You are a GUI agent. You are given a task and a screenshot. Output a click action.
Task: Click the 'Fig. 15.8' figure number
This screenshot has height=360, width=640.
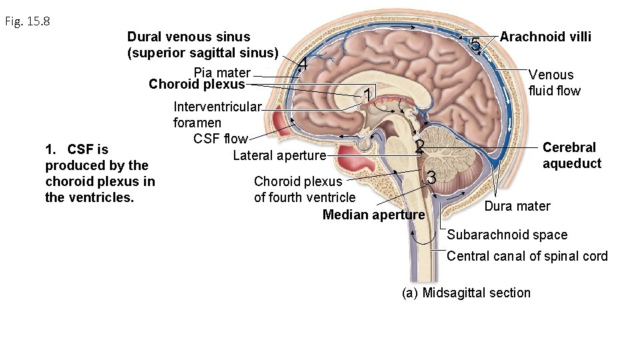27,21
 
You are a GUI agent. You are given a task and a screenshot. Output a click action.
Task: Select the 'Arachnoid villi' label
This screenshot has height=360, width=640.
545,37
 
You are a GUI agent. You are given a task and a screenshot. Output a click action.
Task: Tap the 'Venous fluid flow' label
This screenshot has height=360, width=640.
554,83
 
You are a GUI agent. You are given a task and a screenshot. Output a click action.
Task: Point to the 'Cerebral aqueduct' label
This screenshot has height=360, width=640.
571,155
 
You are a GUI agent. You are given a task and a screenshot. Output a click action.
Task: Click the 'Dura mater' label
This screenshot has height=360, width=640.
517,206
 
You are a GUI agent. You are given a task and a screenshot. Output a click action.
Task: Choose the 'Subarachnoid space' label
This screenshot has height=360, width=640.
507,235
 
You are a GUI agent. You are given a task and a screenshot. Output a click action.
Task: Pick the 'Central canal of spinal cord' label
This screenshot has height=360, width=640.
527,256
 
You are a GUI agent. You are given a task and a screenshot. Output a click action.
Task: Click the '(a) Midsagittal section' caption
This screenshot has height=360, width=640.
466,293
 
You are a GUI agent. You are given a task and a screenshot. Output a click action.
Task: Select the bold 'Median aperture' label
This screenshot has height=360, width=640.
373,215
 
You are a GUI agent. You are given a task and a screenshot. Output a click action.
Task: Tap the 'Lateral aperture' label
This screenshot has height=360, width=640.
279,155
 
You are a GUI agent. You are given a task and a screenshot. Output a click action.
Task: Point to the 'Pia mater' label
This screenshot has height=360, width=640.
222,72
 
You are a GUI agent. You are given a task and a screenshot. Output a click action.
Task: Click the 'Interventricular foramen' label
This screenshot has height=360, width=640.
217,115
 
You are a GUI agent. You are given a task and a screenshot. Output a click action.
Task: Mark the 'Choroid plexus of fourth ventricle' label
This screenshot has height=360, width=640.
305,189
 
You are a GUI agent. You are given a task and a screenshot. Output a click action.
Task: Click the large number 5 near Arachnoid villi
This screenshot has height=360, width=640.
474,45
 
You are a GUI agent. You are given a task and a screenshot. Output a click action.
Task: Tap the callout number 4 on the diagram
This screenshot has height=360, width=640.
303,65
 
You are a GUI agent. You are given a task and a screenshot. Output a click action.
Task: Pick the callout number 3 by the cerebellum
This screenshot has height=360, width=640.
431,179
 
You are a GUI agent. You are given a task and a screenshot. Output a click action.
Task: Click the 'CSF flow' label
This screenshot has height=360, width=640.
220,139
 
